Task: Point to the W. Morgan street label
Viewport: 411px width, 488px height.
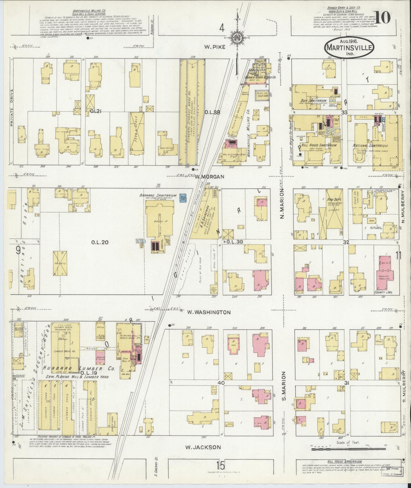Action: (x=206, y=177)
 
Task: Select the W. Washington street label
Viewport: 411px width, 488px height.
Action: (x=209, y=312)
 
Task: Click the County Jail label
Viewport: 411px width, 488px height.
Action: (x=383, y=292)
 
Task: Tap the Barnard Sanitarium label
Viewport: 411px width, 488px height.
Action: (x=158, y=196)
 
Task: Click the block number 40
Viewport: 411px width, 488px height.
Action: (x=221, y=383)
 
